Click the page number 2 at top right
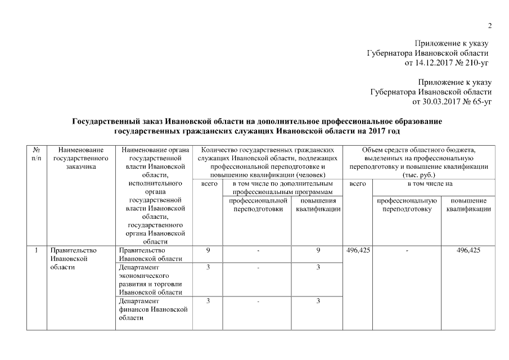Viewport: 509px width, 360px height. coord(489,26)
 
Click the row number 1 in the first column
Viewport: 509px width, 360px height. coord(36,250)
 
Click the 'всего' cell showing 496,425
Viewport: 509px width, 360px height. coord(357,250)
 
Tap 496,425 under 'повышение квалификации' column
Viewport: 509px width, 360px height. coord(469,250)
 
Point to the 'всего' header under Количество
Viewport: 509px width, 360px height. coord(208,183)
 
